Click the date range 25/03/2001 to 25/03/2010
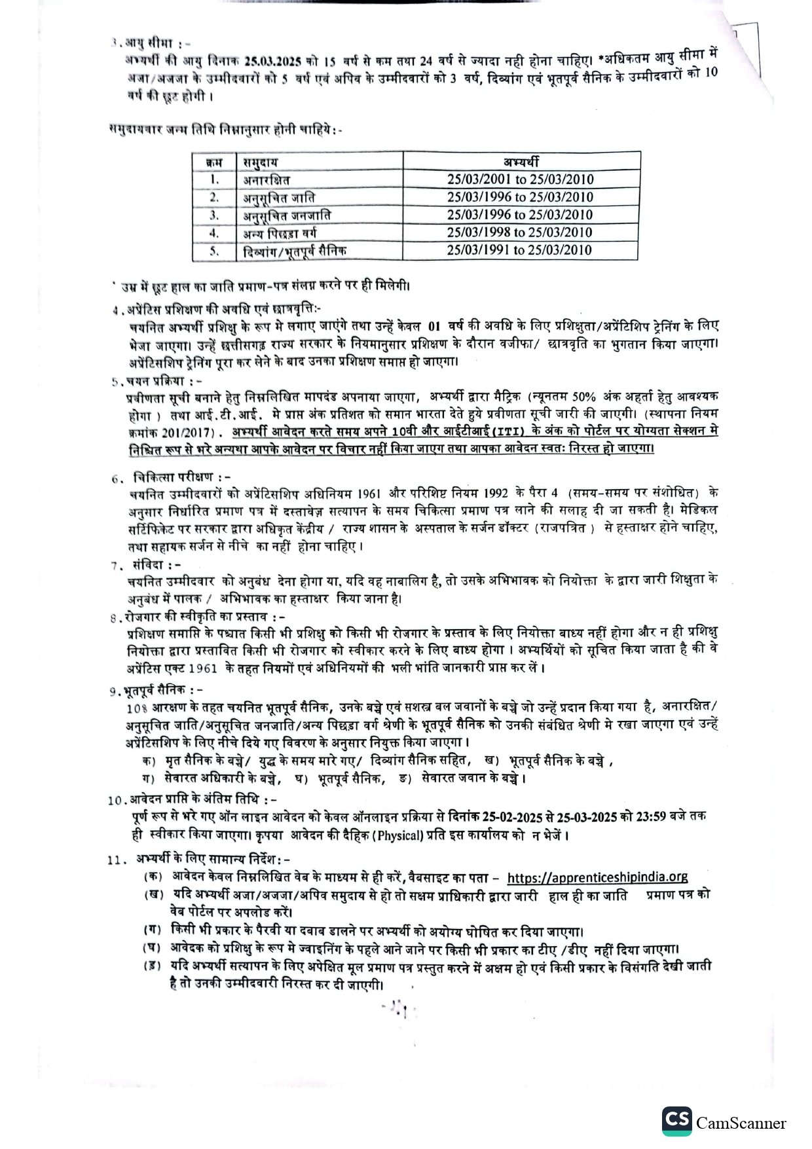(521, 179)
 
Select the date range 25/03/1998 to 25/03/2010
(521, 232)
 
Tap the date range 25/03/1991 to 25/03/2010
(521, 250)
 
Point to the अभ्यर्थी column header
(521, 162)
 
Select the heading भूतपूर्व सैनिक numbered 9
(161, 690)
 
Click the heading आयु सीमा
(155, 43)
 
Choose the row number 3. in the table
(214, 215)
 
